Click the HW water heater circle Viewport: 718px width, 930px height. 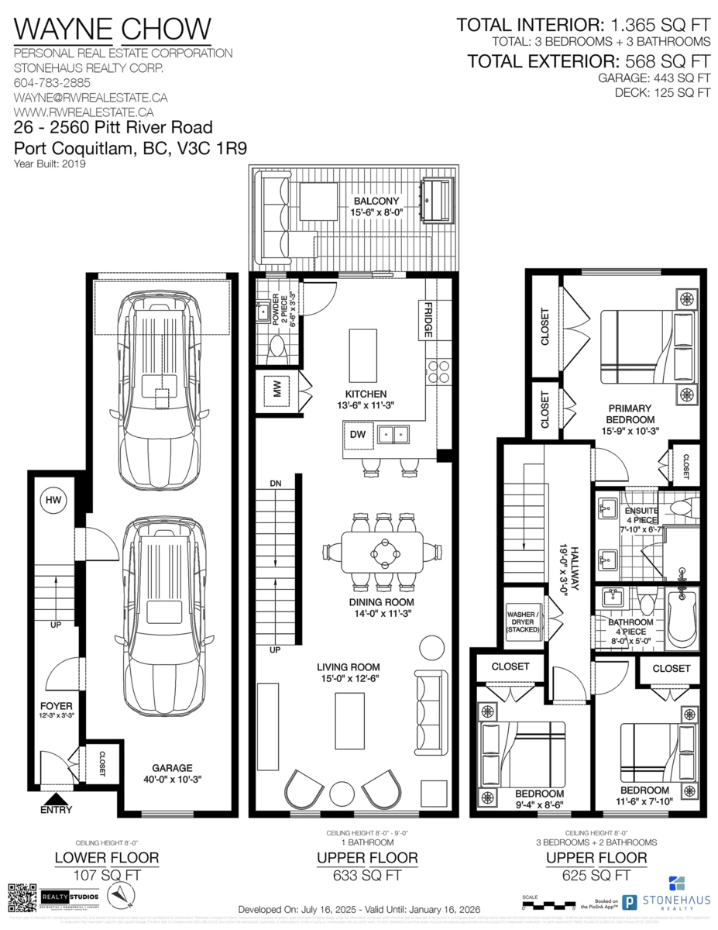[53, 501]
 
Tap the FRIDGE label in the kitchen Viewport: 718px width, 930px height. [428, 320]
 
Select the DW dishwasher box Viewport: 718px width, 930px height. [358, 435]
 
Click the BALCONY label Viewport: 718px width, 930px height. [374, 201]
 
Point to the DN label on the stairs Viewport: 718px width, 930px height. [276, 483]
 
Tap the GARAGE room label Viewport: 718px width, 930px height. [172, 768]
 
